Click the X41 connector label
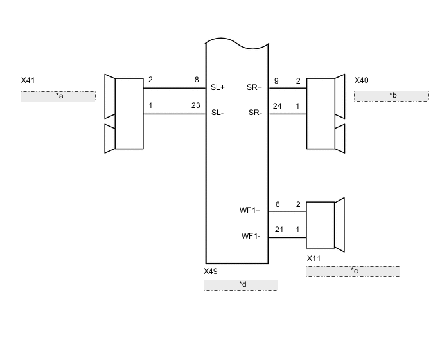(28, 80)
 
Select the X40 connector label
(362, 80)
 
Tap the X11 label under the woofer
(314, 258)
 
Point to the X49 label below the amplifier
(211, 271)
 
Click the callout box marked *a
(58, 96)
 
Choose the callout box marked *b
(391, 96)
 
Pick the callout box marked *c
(353, 271)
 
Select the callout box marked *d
(241, 285)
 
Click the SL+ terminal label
(218, 87)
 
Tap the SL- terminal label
(217, 113)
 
